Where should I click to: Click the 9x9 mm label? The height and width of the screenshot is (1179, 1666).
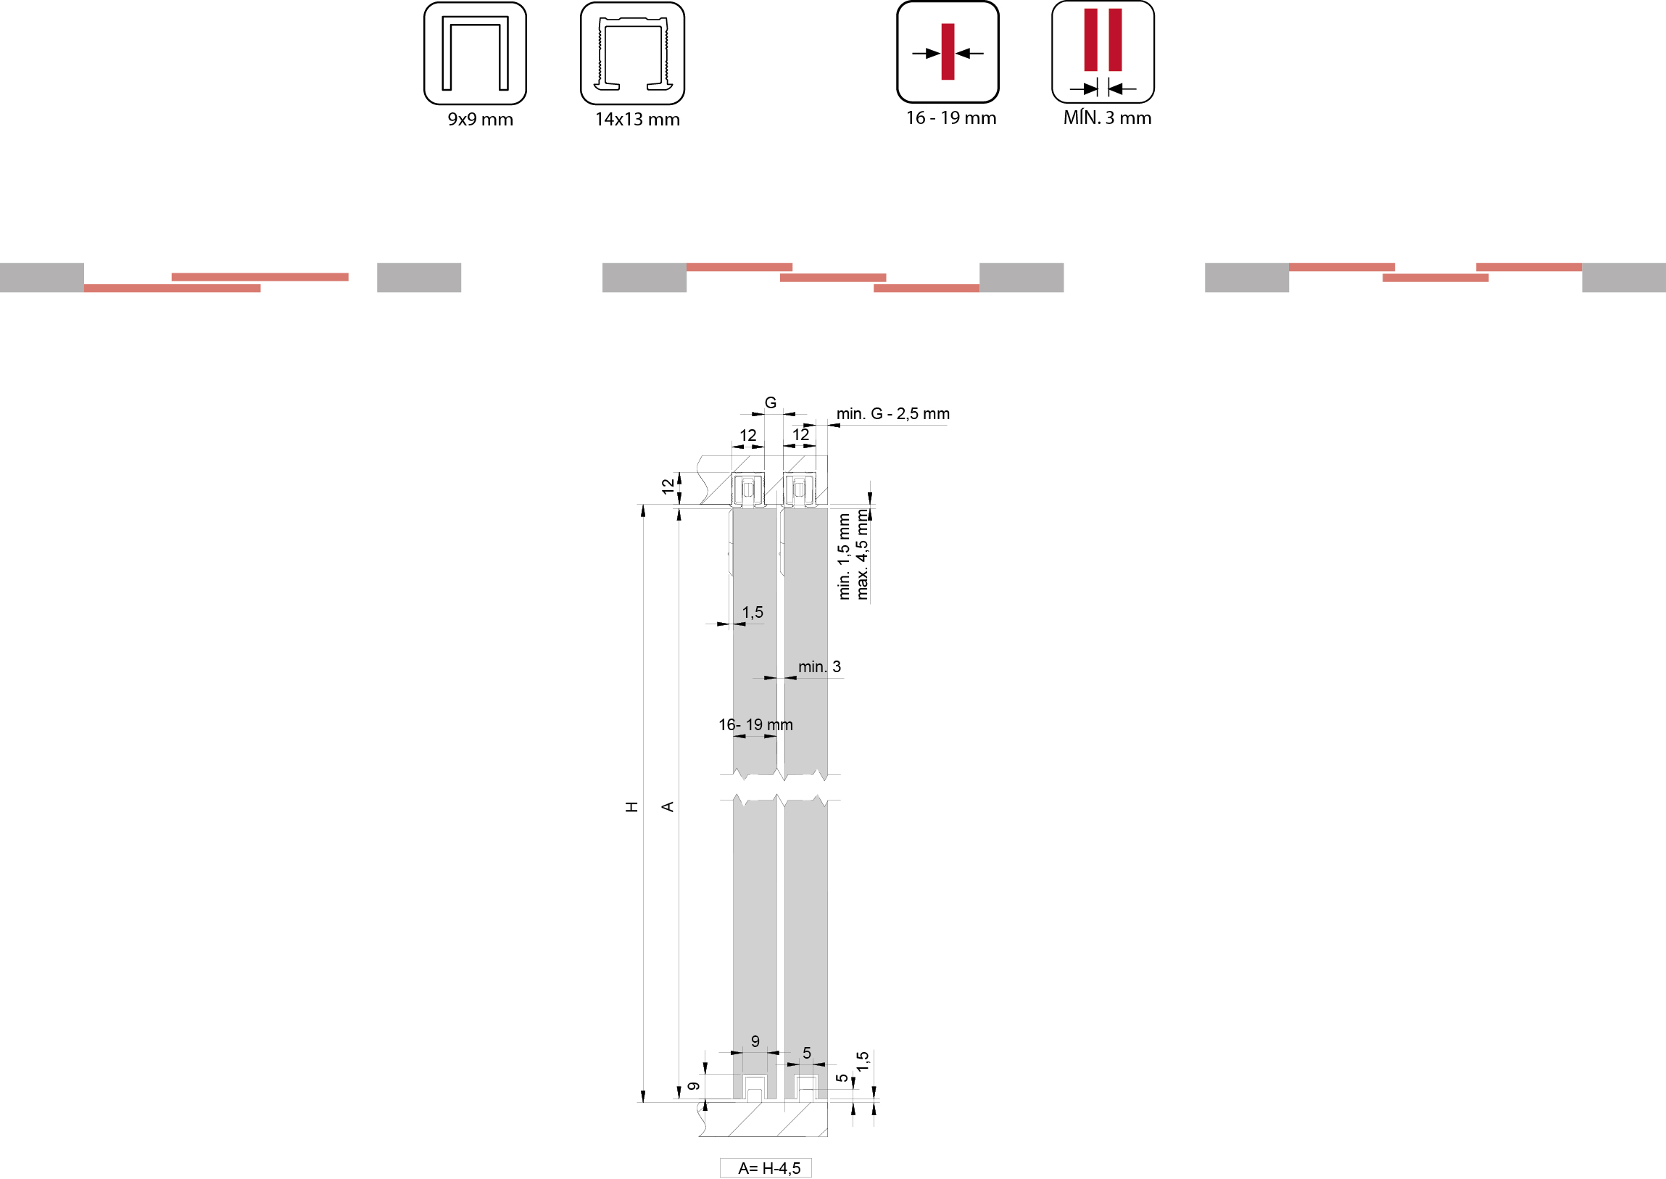(x=480, y=120)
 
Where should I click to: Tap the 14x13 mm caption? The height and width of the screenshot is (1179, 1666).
(x=637, y=120)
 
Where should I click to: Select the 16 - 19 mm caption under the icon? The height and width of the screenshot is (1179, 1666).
(x=951, y=118)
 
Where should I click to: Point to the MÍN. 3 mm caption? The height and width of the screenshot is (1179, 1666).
(x=1107, y=117)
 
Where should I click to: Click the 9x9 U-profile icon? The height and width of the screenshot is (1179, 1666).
(x=475, y=53)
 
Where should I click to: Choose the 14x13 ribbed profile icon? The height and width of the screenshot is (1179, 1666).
(x=632, y=53)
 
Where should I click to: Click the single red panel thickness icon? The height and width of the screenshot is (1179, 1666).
(x=948, y=51)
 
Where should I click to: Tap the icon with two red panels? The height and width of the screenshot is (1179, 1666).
(x=1103, y=51)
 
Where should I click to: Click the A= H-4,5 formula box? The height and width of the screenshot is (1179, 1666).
(x=766, y=1167)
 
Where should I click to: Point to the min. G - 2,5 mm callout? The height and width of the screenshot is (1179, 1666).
(x=893, y=414)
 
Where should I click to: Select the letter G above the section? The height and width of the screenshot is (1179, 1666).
(x=770, y=402)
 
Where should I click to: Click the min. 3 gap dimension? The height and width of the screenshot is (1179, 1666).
(x=819, y=666)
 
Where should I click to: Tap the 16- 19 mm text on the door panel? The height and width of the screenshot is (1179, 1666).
(x=755, y=724)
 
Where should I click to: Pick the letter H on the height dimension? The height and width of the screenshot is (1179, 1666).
(x=632, y=806)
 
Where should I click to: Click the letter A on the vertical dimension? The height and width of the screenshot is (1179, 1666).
(x=668, y=806)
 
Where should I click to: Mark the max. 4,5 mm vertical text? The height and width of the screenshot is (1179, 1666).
(x=862, y=555)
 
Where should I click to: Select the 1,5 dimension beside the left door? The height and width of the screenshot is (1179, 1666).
(x=753, y=613)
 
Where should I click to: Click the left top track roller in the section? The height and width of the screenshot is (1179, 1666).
(x=747, y=489)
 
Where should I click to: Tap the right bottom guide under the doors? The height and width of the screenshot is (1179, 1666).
(x=806, y=1088)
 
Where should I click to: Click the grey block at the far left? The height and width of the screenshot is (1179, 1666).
(x=42, y=277)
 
